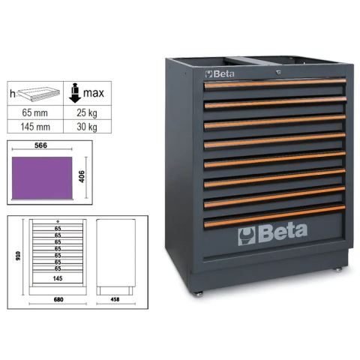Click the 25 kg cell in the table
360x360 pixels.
coord(87,112)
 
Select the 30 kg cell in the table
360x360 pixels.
coord(87,127)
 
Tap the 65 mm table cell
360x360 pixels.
coord(35,112)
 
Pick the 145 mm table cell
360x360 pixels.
coord(35,127)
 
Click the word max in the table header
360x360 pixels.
coord(94,93)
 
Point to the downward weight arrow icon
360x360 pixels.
coord(75,93)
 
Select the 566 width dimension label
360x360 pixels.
coord(40,145)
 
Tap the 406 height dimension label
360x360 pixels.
coord(82,176)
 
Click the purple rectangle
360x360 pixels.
coord(42,178)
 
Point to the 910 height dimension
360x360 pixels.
coord(18,256)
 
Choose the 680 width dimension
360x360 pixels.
coord(58,299)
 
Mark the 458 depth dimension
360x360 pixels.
coord(115,299)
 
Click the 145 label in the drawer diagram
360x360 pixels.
coord(58,278)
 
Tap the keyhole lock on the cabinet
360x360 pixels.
coord(278,72)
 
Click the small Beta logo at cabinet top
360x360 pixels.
coord(220,74)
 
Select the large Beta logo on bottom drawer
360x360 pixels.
coord(273,234)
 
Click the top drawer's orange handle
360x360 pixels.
coord(275,83)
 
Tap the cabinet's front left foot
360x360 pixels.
coord(199,294)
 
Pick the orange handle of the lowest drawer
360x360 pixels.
coord(274,216)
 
